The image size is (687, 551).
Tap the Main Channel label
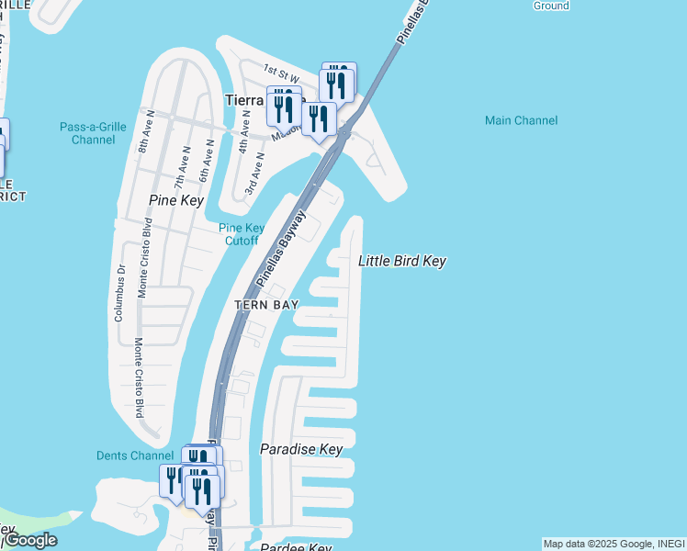[x=522, y=120]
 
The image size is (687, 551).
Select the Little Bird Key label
[x=401, y=262]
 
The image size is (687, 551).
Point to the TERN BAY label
[x=266, y=305]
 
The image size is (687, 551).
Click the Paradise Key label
[x=301, y=449]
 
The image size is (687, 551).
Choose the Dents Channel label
[x=134, y=455]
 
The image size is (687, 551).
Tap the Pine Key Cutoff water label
[x=241, y=234]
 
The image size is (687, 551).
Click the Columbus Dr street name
[x=118, y=293]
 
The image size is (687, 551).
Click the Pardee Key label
[x=295, y=548]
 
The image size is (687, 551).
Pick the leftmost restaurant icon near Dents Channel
[x=172, y=479]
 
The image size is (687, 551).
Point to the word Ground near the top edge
[x=551, y=6]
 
